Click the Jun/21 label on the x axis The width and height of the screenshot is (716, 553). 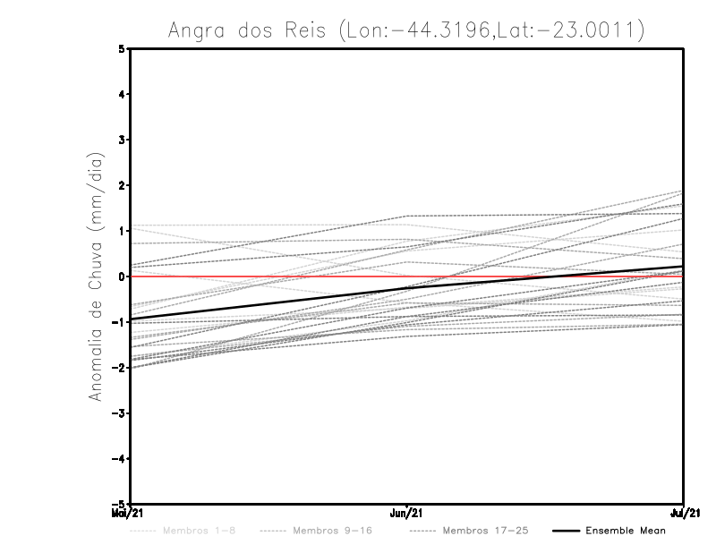407,514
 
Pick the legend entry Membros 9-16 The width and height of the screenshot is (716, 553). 332,531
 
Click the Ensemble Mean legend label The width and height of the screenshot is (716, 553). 626,531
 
